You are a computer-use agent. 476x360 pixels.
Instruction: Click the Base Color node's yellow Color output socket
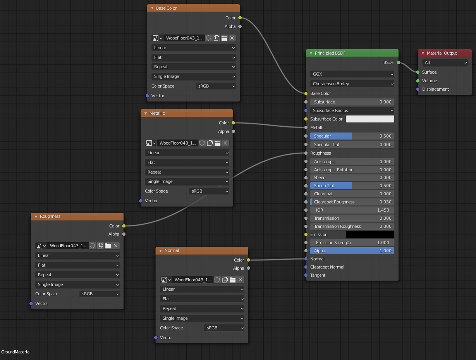[x=240, y=18]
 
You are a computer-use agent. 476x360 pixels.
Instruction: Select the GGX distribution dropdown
[x=352, y=74]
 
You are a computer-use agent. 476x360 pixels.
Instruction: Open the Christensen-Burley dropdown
[x=352, y=84]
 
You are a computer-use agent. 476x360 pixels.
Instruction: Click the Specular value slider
[x=352, y=136]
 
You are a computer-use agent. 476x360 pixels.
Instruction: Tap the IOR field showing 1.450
[x=352, y=210]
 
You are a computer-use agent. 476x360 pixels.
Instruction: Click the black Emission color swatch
[x=370, y=234]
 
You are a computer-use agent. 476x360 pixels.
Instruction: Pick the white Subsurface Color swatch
[x=370, y=119]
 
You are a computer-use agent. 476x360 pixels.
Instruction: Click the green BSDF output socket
[x=398, y=62]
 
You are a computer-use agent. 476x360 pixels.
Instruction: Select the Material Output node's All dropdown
[x=445, y=62]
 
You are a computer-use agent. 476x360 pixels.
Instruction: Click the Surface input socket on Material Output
[x=418, y=72]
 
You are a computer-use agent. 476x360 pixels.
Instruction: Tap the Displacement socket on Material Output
[x=418, y=89]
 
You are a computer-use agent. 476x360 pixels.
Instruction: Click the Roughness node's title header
[x=77, y=216]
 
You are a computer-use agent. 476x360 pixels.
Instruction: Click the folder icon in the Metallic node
[x=218, y=143]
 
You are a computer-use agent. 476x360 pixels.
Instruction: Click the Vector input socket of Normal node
[x=156, y=338]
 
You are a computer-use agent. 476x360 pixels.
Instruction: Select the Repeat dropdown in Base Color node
[x=194, y=67]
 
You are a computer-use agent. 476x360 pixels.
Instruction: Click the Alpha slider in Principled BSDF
[x=352, y=251]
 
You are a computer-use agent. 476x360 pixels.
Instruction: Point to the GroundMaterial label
[x=16, y=352]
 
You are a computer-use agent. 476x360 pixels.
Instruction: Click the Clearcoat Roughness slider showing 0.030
[x=352, y=202]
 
